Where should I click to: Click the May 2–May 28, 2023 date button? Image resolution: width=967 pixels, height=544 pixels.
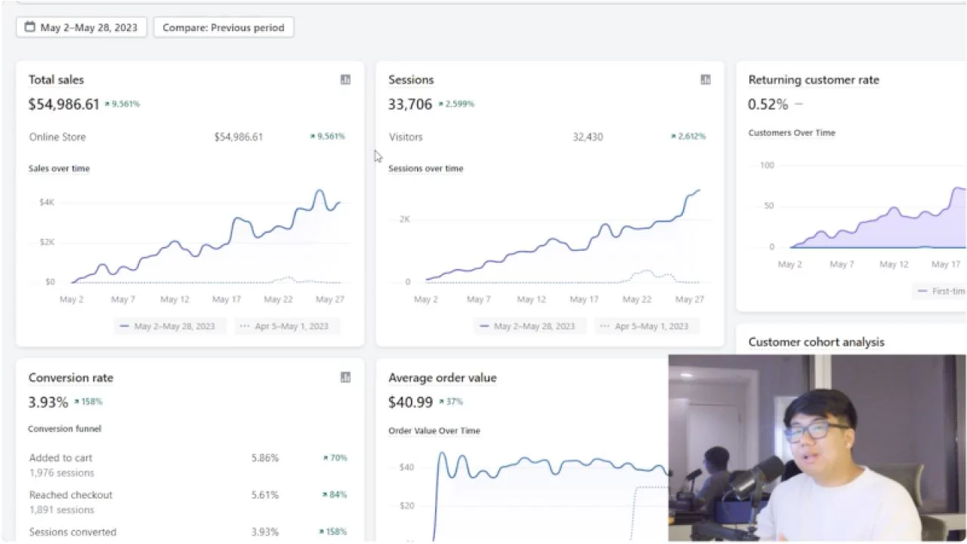tap(82, 28)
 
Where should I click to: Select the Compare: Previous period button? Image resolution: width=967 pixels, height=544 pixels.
tap(224, 28)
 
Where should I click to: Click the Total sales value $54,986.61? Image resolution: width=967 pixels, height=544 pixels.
tap(63, 104)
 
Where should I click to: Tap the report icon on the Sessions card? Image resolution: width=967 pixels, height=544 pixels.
tap(706, 79)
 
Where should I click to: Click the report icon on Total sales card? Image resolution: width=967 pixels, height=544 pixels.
tap(345, 79)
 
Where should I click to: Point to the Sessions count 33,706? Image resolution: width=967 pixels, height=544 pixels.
tap(410, 104)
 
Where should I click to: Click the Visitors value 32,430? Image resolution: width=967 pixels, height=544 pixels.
tap(588, 137)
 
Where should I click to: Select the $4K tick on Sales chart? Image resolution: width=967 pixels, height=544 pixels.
tap(47, 202)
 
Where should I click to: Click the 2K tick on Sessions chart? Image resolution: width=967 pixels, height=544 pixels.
tap(405, 219)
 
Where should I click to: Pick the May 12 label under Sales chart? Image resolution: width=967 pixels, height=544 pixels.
tap(175, 299)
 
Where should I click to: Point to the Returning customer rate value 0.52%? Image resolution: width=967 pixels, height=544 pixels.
tap(768, 104)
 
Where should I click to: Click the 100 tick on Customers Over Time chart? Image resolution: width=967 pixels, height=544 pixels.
tap(767, 165)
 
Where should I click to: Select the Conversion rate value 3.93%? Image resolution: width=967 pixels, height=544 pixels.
tap(48, 402)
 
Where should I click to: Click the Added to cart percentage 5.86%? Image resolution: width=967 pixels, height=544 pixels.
tap(264, 458)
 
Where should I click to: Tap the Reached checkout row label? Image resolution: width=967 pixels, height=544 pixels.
tap(71, 495)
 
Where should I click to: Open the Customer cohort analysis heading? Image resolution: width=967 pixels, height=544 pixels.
tap(816, 342)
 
